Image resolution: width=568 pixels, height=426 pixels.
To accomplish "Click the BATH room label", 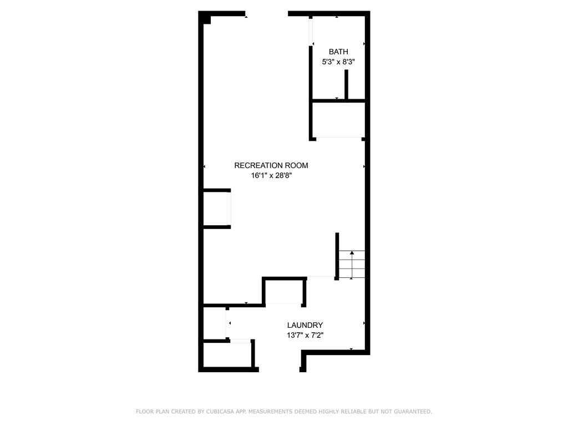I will point(338,52).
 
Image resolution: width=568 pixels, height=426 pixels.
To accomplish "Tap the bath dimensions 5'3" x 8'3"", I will point(338,63).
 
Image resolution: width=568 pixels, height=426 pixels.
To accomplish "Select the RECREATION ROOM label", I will point(271,165).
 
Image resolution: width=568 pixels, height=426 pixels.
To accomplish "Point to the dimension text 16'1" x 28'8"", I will point(271,176).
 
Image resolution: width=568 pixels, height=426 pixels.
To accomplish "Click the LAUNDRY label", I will point(305,325).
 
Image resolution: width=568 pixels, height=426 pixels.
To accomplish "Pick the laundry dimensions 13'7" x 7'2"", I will point(305,335).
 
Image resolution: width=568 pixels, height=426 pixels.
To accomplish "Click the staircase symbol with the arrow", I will point(352,265).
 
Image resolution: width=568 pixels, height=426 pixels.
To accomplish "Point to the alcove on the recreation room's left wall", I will point(216,209).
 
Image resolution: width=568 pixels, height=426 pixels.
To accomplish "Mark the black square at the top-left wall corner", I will point(206,19).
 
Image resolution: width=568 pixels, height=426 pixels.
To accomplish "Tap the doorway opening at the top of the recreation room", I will point(267,14).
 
